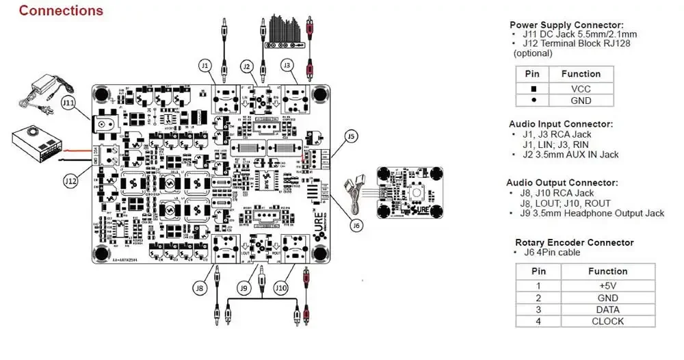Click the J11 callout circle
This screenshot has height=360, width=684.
tap(68, 103)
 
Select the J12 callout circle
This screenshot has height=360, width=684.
tap(70, 181)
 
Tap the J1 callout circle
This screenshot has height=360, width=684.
tap(205, 66)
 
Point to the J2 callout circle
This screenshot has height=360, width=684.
tap(247, 66)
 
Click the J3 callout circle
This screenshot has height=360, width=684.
tap(288, 66)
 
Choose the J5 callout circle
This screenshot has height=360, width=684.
tap(352, 136)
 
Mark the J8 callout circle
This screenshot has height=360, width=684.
tap(199, 289)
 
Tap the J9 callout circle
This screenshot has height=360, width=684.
tap(243, 289)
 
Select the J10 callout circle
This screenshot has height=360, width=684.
tap(282, 289)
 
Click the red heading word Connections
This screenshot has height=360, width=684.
tap(61, 11)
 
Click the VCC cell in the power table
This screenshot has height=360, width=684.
tap(581, 88)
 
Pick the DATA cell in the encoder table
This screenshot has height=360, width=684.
tap(607, 309)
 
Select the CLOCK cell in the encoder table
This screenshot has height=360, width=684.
tap(607, 321)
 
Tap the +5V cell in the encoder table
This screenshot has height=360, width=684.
tap(607, 285)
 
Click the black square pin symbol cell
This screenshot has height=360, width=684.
tap(533, 88)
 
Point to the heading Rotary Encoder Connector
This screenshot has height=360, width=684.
tap(574, 242)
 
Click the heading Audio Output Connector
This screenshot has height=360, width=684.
tap(562, 183)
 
